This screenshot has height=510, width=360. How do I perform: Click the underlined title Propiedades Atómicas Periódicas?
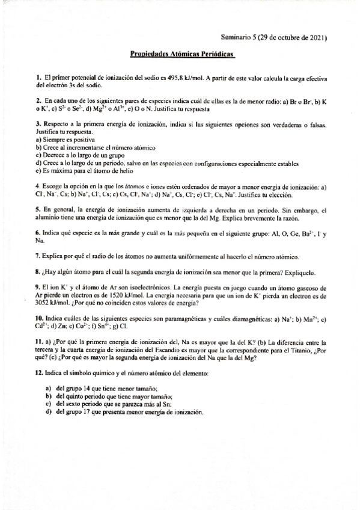click(x=183, y=54)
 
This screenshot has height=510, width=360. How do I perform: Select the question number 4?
click(x=37, y=186)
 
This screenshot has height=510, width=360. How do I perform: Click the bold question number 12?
click(x=39, y=373)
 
